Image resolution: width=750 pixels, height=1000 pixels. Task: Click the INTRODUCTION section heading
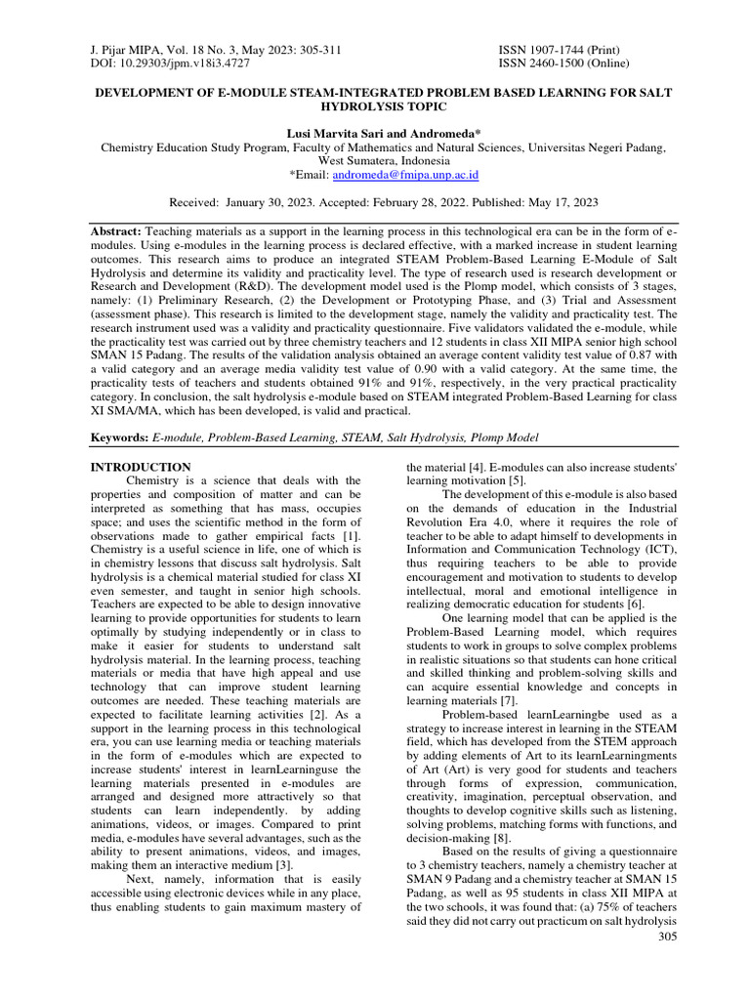click(x=141, y=468)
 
